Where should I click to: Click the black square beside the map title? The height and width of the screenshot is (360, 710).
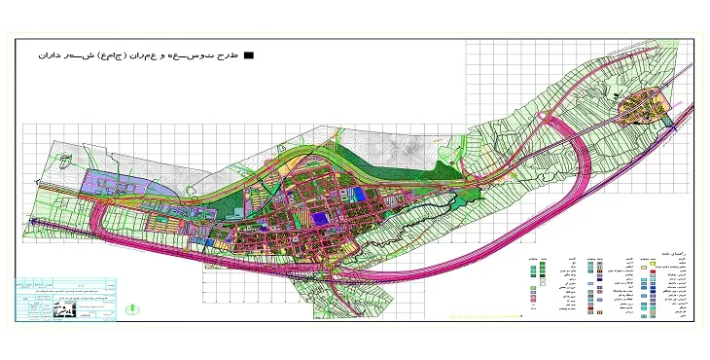click(x=250, y=56)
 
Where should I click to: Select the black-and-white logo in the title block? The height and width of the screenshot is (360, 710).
click(x=64, y=309)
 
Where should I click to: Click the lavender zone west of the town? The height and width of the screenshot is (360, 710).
click(x=118, y=185)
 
